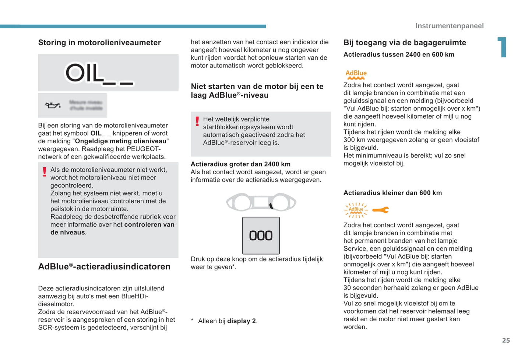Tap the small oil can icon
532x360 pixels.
coord(53,105)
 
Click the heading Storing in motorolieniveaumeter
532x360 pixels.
coord(99,43)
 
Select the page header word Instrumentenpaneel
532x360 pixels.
coord(449,26)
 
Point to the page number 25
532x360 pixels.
coord(506,340)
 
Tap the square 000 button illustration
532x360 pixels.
coord(261,235)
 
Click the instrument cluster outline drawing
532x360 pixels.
coord(261,202)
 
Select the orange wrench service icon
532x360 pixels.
coord(380,210)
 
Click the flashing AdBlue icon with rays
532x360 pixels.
coord(356,210)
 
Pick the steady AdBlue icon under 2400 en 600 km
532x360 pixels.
coord(356,74)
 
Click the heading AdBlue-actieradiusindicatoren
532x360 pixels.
coord(104,267)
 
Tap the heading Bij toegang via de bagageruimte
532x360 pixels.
coord(405,43)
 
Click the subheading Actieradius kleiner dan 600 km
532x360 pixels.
coord(392,193)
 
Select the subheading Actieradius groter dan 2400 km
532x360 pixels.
coord(240,164)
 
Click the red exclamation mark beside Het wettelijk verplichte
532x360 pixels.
coord(197,121)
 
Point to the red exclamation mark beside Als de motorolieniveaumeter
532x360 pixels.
coord(45,172)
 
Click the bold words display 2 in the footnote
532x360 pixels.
coord(241,321)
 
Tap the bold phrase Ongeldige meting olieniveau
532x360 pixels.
coord(121,141)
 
